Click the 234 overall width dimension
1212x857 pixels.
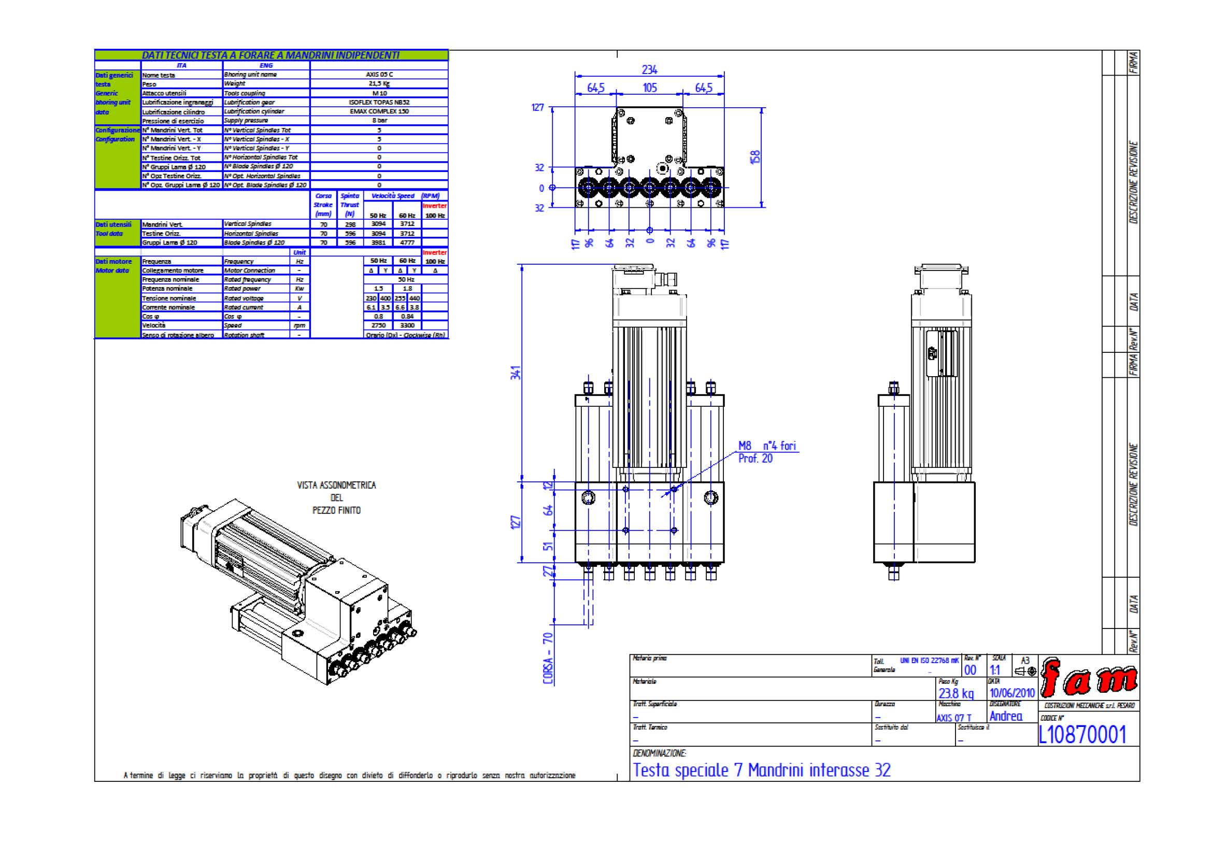649,69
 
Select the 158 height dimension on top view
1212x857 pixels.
755,156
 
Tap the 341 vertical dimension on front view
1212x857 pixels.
516,373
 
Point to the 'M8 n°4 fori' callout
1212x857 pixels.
767,446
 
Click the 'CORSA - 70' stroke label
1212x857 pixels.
548,658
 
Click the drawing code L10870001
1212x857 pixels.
1082,734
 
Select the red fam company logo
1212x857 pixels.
1089,679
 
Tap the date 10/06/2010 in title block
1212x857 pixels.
1011,692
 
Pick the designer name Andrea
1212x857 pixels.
1006,716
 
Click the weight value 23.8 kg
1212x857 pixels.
956,693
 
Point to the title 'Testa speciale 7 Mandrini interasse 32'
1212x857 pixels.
762,770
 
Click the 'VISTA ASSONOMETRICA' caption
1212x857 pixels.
336,485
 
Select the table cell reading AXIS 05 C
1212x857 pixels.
379,75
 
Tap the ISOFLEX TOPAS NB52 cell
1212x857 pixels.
379,103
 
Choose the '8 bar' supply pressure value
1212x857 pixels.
379,121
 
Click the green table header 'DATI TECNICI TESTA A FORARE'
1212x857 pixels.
271,55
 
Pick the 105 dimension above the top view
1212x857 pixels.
649,88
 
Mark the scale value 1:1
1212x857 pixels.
994,670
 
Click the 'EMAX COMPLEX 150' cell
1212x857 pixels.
379,111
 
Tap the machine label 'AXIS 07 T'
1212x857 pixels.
953,718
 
